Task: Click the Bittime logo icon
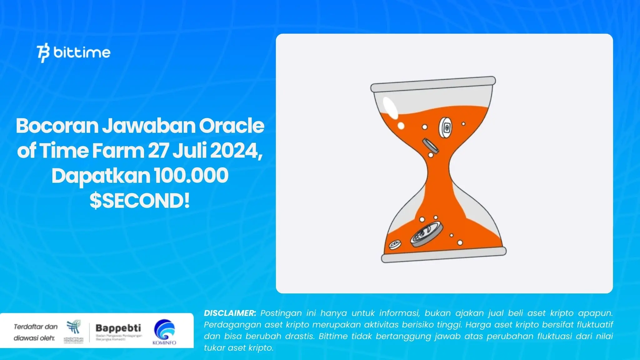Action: (x=43, y=53)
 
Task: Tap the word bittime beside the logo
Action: (x=82, y=52)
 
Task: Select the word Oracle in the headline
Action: (x=232, y=126)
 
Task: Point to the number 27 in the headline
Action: (x=158, y=151)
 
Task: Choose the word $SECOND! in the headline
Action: (x=140, y=201)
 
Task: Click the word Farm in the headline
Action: (x=118, y=151)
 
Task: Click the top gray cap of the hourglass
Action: (x=433, y=84)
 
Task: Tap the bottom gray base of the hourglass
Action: (x=443, y=255)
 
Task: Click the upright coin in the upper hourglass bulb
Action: (x=445, y=127)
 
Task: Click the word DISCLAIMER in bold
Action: (x=230, y=313)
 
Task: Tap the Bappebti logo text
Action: (x=118, y=328)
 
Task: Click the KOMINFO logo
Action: (x=164, y=332)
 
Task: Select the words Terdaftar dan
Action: (x=36, y=327)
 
